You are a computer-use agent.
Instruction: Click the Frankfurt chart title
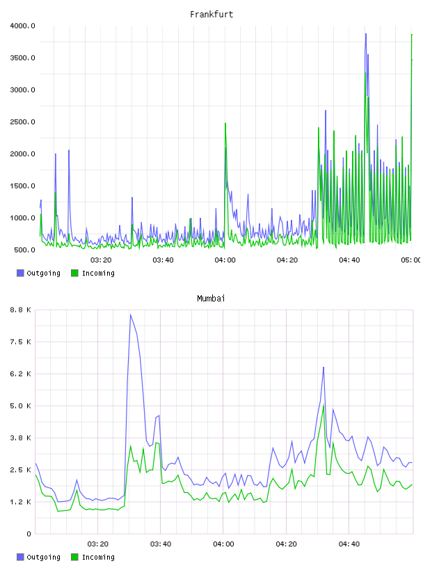pyautogui.click(x=211, y=15)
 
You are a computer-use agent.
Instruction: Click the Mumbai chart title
pyautogui.click(x=211, y=299)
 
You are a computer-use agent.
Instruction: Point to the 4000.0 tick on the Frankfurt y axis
pyautogui.click(x=22, y=26)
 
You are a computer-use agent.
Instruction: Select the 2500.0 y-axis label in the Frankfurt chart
pyautogui.click(x=22, y=122)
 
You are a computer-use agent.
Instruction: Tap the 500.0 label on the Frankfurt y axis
pyautogui.click(x=24, y=250)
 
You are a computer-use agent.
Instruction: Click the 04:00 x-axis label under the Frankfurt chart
pyautogui.click(x=225, y=260)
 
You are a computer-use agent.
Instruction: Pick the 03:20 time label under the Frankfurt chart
pyautogui.click(x=101, y=260)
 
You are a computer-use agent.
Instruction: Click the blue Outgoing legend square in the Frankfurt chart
pyautogui.click(x=20, y=273)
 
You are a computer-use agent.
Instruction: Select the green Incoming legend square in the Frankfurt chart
pyautogui.click(x=74, y=273)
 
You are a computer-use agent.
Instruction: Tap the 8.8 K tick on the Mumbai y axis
pyautogui.click(x=20, y=310)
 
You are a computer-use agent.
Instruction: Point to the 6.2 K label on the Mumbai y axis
pyautogui.click(x=20, y=374)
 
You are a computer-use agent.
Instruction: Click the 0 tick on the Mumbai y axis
pyautogui.click(x=29, y=534)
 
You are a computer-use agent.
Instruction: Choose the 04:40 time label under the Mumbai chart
pyautogui.click(x=349, y=544)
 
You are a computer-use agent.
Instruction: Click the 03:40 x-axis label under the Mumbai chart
pyautogui.click(x=161, y=544)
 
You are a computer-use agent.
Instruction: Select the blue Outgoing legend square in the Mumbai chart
pyautogui.click(x=20, y=557)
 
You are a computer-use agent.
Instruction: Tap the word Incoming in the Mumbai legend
pyautogui.click(x=98, y=557)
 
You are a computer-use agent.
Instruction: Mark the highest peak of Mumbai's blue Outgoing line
pyautogui.click(x=131, y=315)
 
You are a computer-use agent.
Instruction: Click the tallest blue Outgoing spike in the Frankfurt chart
pyautogui.click(x=366, y=33)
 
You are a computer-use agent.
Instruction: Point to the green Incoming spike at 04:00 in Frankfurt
pyautogui.click(x=225, y=123)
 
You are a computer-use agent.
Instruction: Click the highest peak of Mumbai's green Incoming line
pyautogui.click(x=324, y=405)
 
